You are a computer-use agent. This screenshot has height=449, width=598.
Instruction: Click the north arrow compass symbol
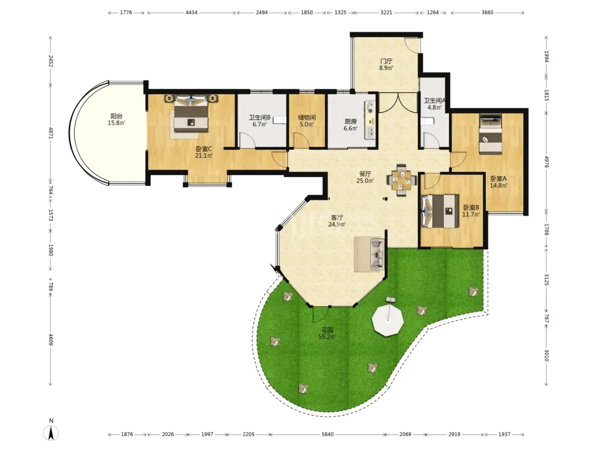pyautogui.click(x=51, y=433)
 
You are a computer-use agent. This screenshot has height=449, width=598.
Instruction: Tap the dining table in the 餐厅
pyautogui.click(x=402, y=180)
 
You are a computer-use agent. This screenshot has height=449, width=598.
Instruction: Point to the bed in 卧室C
pyautogui.click(x=191, y=114)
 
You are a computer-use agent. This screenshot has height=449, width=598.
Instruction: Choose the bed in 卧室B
pyautogui.click(x=439, y=211)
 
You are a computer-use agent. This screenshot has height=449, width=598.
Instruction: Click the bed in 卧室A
pyautogui.click(x=491, y=134)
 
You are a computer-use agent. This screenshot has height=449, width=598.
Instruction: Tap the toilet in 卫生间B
pyautogui.click(x=279, y=120)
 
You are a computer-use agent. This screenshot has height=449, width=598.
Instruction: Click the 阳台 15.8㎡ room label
pyautogui.click(x=116, y=120)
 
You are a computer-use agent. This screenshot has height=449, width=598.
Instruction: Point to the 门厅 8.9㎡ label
pyautogui.click(x=386, y=65)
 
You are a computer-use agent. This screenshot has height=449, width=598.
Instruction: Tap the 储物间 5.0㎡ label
pyautogui.click(x=307, y=121)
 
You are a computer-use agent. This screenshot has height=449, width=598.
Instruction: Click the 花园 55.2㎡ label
pyautogui.click(x=327, y=333)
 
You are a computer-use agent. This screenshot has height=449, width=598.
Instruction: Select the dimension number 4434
pyautogui.click(x=191, y=13)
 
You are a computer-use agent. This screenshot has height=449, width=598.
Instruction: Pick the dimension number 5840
pyautogui.click(x=327, y=435)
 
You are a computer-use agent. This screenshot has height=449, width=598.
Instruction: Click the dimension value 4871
pyautogui.click(x=50, y=133)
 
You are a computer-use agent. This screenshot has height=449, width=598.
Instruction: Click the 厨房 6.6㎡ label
pyautogui.click(x=350, y=124)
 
